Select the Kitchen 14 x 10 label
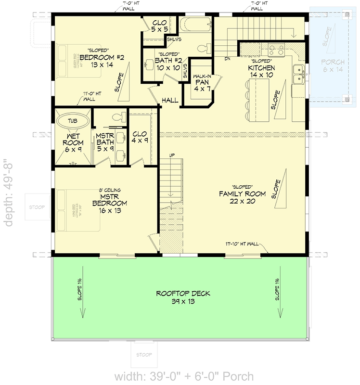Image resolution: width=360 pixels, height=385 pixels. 261,71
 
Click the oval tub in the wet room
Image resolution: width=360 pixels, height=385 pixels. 72,120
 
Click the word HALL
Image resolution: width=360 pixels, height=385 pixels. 170,100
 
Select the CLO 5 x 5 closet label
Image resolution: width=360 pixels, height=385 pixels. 159,26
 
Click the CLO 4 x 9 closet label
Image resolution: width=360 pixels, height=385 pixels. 140,138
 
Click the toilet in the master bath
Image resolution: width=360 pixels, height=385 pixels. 118,116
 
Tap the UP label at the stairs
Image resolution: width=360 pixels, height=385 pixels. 171,154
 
